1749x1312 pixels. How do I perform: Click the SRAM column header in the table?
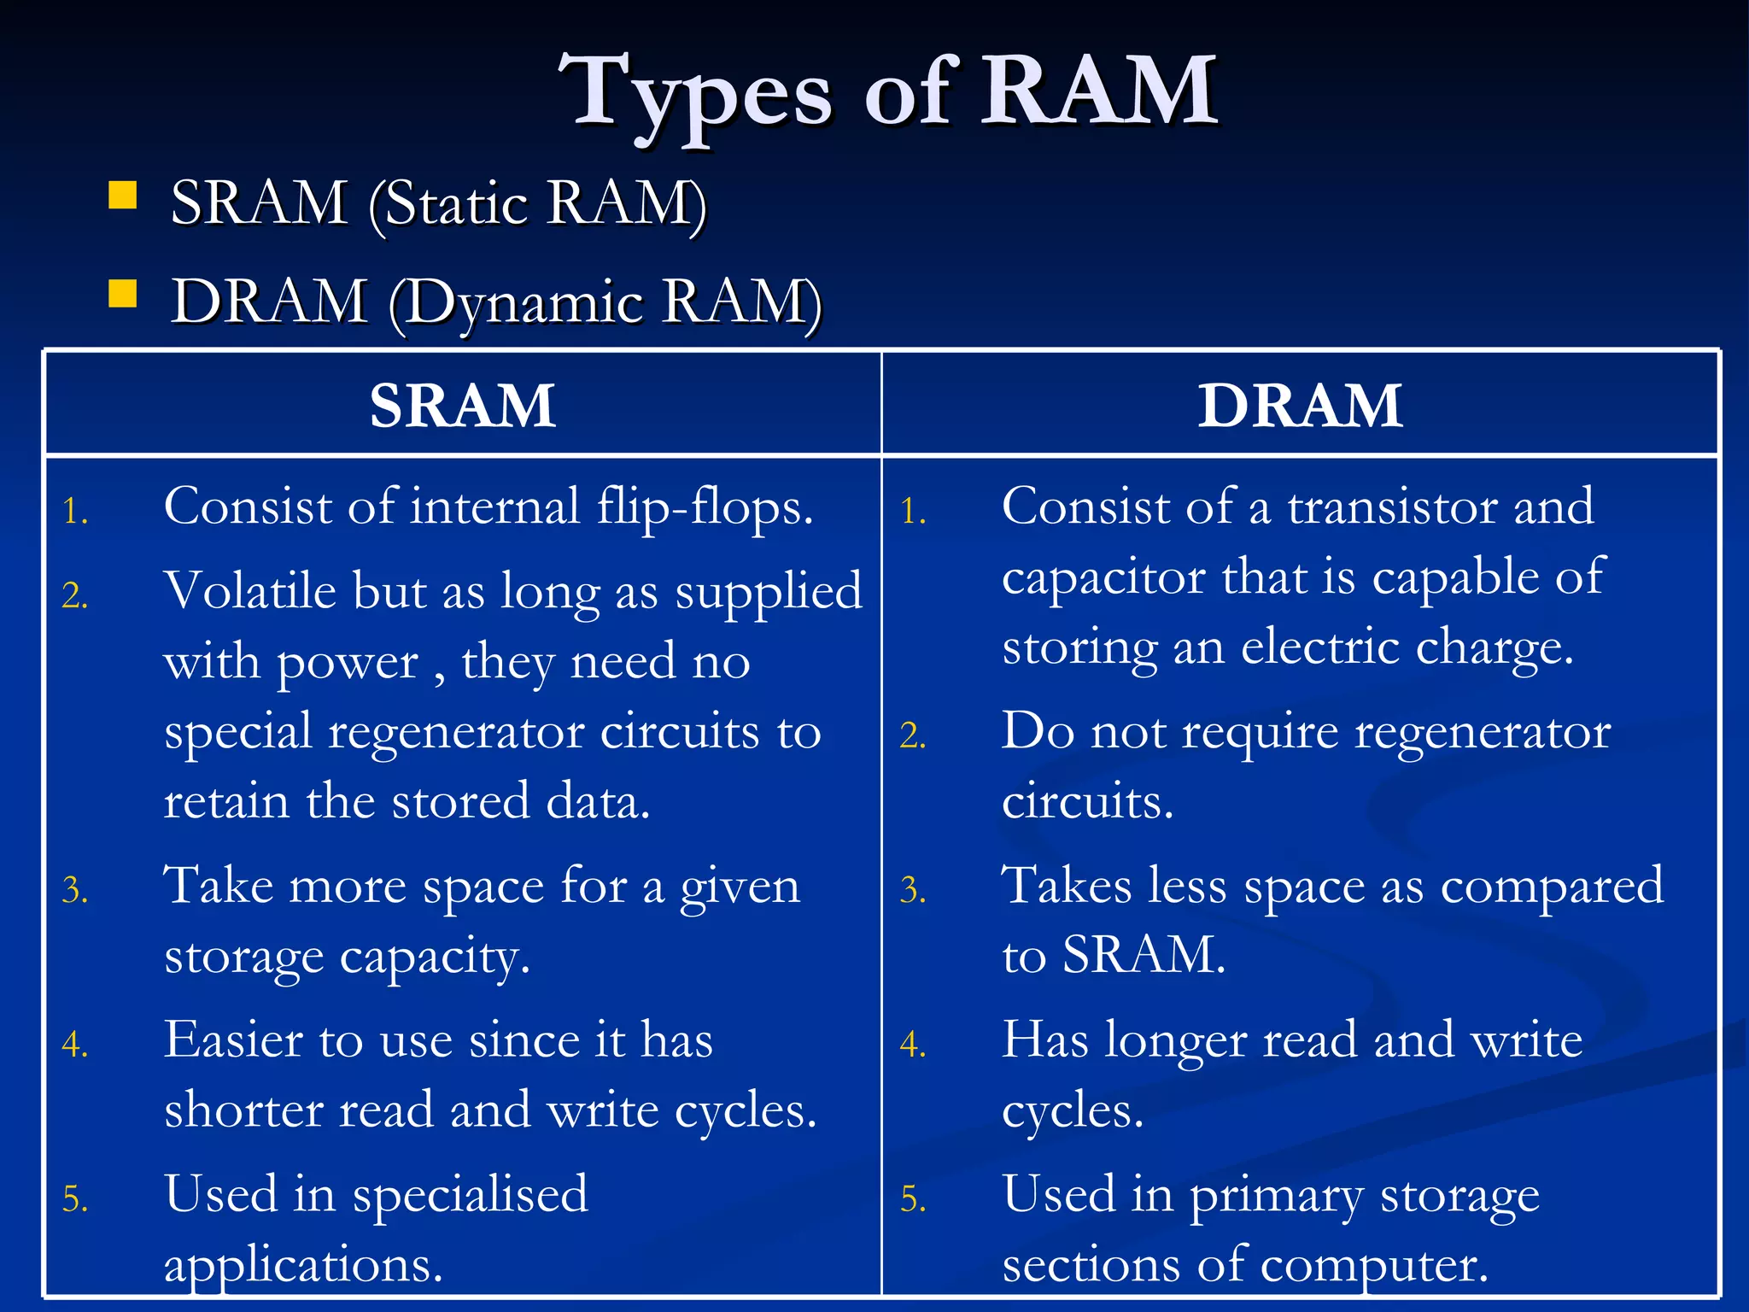click(x=463, y=405)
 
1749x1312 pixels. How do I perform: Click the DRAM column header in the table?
click(x=1300, y=405)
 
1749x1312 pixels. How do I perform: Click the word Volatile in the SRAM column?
click(x=250, y=591)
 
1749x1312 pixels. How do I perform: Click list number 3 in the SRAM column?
click(x=75, y=891)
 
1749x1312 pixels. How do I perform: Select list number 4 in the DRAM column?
click(x=913, y=1045)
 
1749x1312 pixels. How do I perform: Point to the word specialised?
click(x=471, y=1196)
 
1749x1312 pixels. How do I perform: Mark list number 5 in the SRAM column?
click(x=75, y=1199)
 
